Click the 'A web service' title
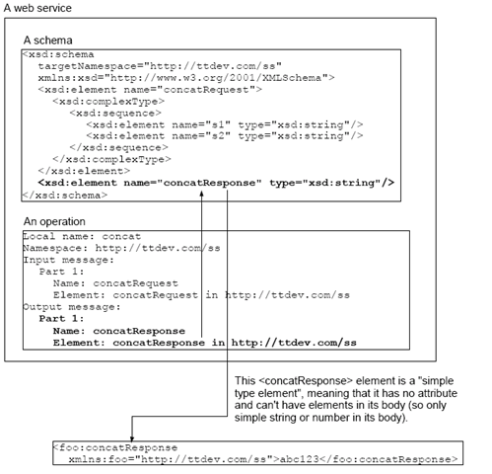point(37,8)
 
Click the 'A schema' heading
point(48,40)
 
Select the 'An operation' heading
point(54,221)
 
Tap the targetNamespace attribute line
point(160,66)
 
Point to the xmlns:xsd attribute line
point(186,78)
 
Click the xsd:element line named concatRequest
point(150,90)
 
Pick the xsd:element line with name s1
point(225,124)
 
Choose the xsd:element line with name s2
point(225,136)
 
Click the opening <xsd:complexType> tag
point(108,102)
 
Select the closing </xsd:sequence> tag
point(118,147)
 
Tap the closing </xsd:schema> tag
point(65,196)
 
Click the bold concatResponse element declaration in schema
point(216,183)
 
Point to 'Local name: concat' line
point(82,236)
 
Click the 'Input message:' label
point(68,260)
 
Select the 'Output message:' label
point(72,307)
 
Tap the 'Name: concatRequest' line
point(115,283)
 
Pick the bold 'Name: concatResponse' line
point(119,331)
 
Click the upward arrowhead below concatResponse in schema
point(201,195)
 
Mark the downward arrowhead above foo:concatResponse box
point(132,438)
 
